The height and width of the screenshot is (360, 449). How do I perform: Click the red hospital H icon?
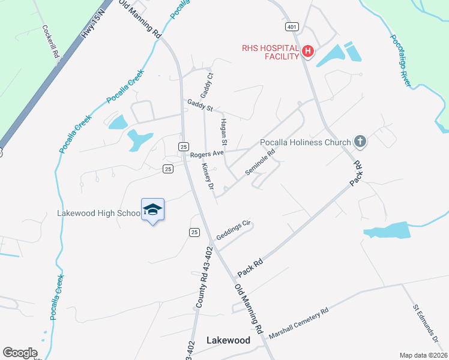[x=307, y=52]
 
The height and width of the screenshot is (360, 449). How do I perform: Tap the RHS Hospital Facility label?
[x=270, y=52]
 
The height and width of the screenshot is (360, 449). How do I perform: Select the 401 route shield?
[x=292, y=27]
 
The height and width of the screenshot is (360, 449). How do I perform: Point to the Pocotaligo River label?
[x=401, y=61]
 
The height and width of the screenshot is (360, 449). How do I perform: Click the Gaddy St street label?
[x=200, y=105]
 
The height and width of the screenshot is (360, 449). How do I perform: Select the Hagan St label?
[x=223, y=132]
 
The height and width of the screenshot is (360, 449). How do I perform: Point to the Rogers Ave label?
[x=206, y=154]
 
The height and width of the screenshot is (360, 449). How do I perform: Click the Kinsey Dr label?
[x=208, y=176]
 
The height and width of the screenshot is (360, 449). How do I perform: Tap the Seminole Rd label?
[x=260, y=162]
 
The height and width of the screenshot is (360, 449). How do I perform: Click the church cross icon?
[x=360, y=142]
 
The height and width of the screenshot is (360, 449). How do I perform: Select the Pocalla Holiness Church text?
[x=305, y=143]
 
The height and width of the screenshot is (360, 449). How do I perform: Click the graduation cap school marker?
[x=152, y=209]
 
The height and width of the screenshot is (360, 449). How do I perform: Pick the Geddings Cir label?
[x=233, y=230]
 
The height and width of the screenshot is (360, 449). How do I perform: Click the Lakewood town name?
[x=228, y=340]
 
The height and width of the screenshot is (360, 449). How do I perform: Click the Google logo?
[x=20, y=353]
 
